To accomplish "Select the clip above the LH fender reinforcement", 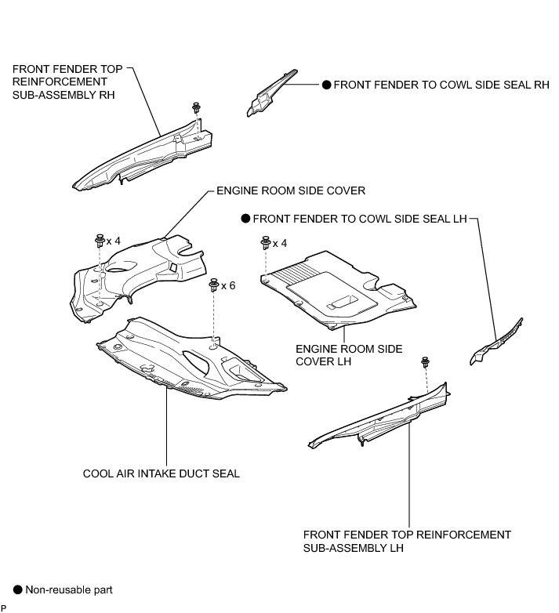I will [426, 362].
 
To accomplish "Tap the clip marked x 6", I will [213, 286].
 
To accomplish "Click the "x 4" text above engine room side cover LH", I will [280, 243].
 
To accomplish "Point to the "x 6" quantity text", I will [228, 285].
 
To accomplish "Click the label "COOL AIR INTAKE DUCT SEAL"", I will [161, 473].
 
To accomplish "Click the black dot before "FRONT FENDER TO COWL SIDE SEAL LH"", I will [245, 220].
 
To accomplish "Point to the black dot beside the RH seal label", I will [325, 86].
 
